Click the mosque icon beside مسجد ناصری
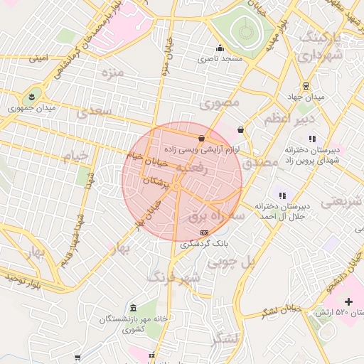point(219,49)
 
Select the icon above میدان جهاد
point(306,85)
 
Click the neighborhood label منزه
point(112,73)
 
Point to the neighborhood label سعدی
point(94,112)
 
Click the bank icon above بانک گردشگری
point(205,232)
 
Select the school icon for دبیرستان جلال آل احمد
point(282,195)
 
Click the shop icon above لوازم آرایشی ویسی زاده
point(203,138)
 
